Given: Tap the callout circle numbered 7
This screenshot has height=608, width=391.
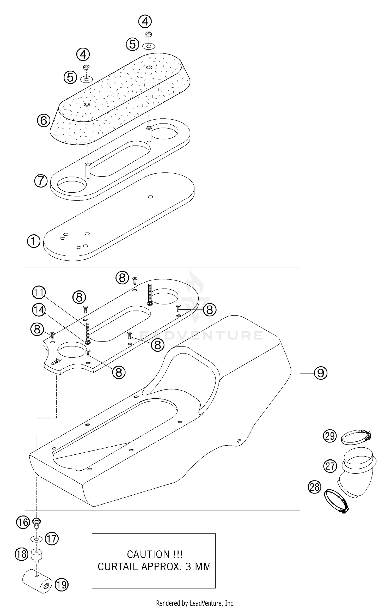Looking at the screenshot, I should pos(41,181).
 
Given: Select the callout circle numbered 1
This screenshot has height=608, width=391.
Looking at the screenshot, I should pos(34,241).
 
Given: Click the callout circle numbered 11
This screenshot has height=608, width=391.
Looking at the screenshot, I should pos(39,292).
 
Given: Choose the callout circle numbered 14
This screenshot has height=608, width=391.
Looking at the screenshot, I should pos(39,310).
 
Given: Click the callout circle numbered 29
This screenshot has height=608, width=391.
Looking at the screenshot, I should pos(330,436).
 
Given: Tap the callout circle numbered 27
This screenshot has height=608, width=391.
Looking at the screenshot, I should pos(330,466).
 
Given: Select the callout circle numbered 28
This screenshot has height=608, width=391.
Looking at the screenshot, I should pos(315,487).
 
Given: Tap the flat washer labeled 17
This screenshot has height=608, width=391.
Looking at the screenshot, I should pos(36,538).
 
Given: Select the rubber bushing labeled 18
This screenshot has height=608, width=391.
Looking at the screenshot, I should pos(36,554).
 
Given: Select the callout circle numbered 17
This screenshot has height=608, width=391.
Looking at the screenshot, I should pos(52,538).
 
